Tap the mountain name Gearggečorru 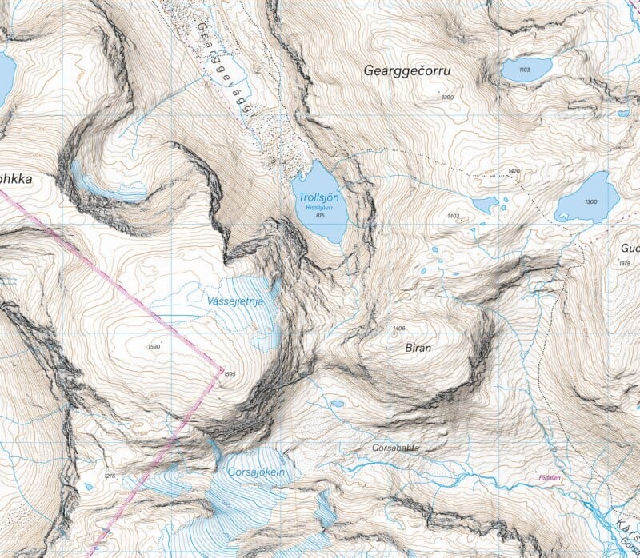(x=407, y=70)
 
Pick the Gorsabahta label (x=396, y=448)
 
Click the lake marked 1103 (x=525, y=70)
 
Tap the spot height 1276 (x=110, y=477)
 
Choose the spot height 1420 (x=514, y=171)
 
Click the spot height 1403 (x=453, y=216)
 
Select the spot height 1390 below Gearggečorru (x=447, y=98)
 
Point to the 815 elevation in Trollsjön (x=320, y=215)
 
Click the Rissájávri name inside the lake (x=319, y=207)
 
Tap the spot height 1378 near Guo (x=625, y=264)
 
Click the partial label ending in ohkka (x=16, y=179)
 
